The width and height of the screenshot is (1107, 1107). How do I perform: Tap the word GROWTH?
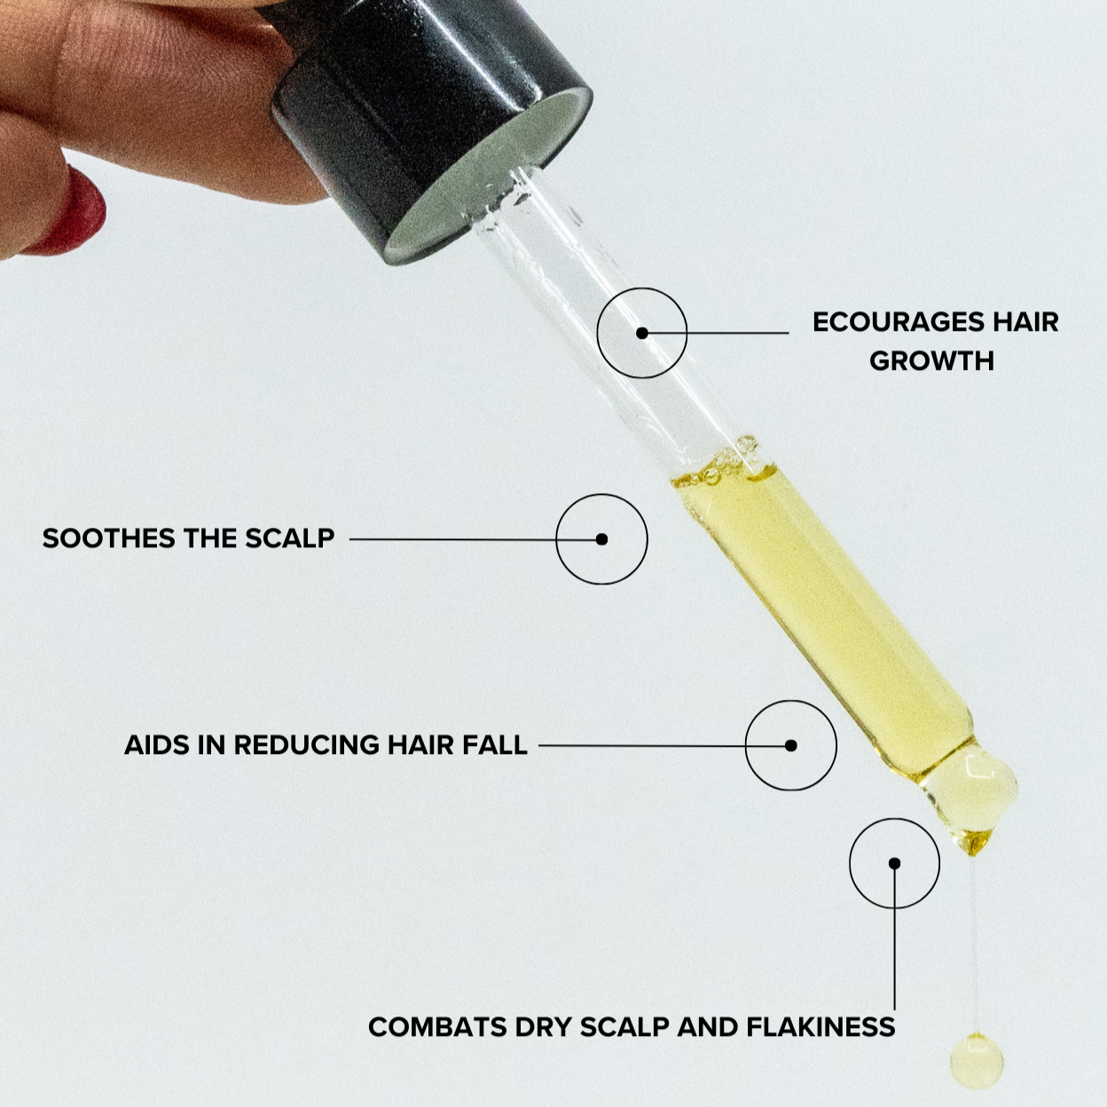coord(931,361)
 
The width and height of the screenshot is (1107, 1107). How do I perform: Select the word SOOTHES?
coord(108,538)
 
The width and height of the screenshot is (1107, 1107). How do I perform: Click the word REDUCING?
coord(307,745)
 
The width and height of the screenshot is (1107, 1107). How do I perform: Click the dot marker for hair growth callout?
coord(642,333)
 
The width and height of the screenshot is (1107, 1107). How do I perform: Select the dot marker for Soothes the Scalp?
coord(601,538)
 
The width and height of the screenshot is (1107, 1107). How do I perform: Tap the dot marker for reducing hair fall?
coord(791,745)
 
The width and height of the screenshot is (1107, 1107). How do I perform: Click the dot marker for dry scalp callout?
coord(894,863)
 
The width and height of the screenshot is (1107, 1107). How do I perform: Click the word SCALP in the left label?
coord(290,538)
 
